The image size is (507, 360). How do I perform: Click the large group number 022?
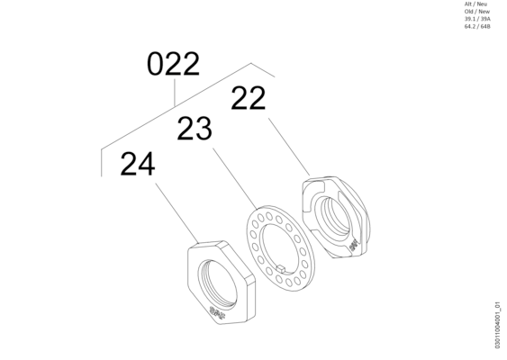pos(173,64)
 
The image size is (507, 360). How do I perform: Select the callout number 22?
pos(249,98)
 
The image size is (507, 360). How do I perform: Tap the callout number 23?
pos(195,129)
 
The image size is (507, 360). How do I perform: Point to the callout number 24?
pos(138,164)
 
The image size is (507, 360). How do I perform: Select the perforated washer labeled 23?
pos(281,248)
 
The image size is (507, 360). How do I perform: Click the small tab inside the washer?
pos(281,267)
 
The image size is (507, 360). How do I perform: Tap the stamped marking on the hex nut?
pos(217,312)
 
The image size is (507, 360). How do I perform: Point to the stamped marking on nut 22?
pos(354,246)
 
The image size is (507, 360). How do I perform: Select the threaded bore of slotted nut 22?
pos(333,216)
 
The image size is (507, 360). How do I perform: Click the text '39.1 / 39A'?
pos(477,19)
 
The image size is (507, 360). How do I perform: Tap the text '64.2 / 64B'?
pos(477,26)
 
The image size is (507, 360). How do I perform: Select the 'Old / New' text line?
pos(477,12)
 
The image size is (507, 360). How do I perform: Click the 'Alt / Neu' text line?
pos(475,4)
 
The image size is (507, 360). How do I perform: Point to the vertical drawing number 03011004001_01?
pos(498,325)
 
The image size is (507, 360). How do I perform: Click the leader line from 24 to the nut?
pos(177,212)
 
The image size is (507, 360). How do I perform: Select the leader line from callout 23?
pos(235,179)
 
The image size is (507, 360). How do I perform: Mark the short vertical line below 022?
pos(175,93)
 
